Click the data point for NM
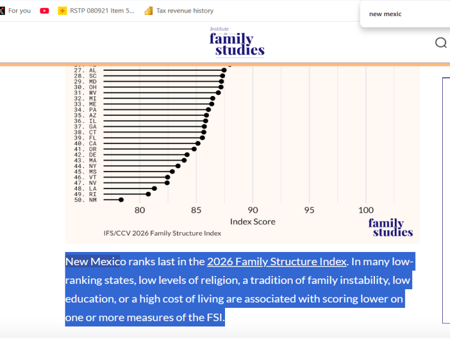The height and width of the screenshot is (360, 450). coord(121,200)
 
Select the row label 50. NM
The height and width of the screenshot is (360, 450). coord(85,200)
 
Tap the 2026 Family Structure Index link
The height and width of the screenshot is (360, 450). coord(277,262)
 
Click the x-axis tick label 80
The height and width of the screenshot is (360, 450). coord(140,210)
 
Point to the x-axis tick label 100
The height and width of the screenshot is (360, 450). coord(366,210)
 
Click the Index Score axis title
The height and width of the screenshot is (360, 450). coord(253,222)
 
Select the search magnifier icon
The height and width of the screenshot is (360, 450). coord(441,43)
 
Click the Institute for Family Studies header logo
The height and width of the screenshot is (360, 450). coord(237,42)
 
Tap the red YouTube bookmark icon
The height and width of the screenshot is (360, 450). coord(44,11)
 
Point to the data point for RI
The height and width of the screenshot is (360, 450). coord(148,194)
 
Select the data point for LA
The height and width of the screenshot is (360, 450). coord(154,188)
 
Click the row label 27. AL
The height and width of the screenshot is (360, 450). coord(85,70)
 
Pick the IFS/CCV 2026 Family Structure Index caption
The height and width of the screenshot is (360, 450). coord(162,233)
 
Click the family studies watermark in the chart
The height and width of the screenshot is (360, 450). coord(391,227)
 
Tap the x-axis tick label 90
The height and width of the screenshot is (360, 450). coord(253,210)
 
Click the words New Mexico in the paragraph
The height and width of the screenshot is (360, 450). coord(92,262)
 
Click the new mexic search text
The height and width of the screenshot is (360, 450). coord(385,14)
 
